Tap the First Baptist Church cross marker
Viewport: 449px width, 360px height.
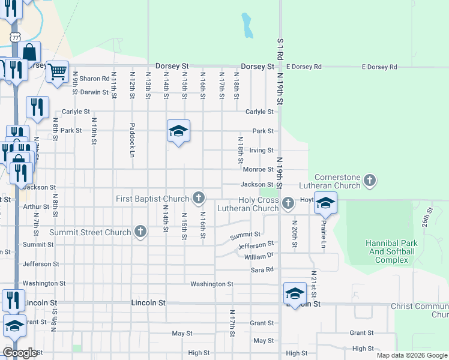[x=198, y=197]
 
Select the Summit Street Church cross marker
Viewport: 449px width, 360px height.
[x=140, y=232]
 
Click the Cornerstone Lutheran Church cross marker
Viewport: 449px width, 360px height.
[x=370, y=179]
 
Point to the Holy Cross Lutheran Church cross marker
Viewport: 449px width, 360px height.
[x=288, y=202]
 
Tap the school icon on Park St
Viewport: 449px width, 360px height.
[x=178, y=131]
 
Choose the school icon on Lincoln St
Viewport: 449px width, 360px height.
[x=295, y=293]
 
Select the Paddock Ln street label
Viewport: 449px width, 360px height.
[x=131, y=141]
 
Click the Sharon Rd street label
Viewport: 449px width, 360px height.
[x=95, y=79]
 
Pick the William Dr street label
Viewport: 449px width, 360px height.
[x=259, y=256]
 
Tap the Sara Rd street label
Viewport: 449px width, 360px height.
[x=262, y=270]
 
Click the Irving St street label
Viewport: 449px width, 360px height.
[x=262, y=151]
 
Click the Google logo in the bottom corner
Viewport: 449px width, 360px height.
[x=20, y=353]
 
